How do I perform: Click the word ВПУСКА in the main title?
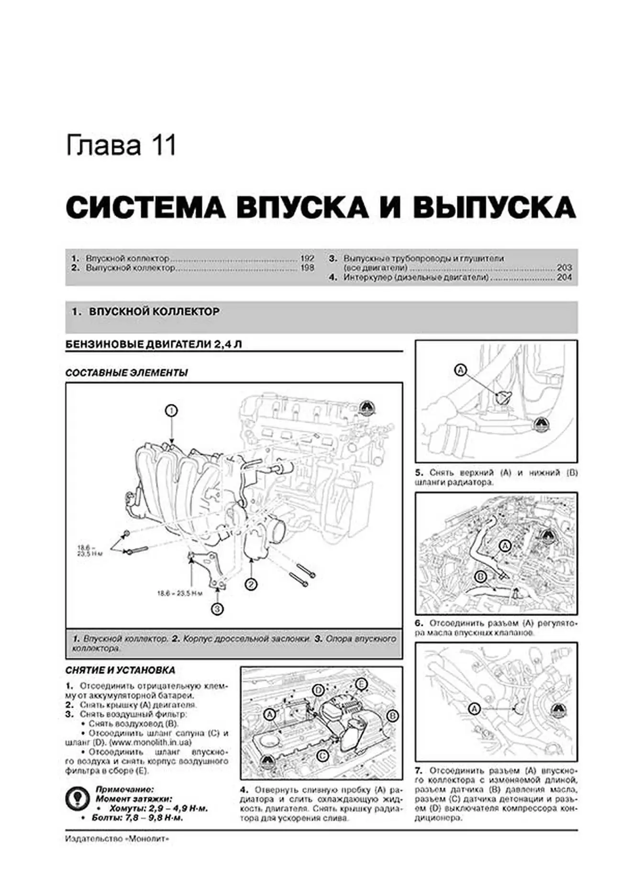[x=302, y=207]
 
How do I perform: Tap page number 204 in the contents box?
[x=565, y=278]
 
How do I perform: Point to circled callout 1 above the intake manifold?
[x=171, y=411]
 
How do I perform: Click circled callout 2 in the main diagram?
[x=251, y=584]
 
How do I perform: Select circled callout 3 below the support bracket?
[x=217, y=609]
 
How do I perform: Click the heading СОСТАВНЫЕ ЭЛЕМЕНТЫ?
[x=127, y=373]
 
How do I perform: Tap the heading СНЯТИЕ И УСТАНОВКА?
[x=120, y=670]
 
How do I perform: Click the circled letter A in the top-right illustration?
[x=460, y=370]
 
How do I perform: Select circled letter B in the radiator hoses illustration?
[x=481, y=576]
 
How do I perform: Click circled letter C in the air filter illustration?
[x=322, y=756]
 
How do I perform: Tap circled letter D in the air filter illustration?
[x=318, y=690]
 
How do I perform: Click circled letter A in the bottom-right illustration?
[x=474, y=709]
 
